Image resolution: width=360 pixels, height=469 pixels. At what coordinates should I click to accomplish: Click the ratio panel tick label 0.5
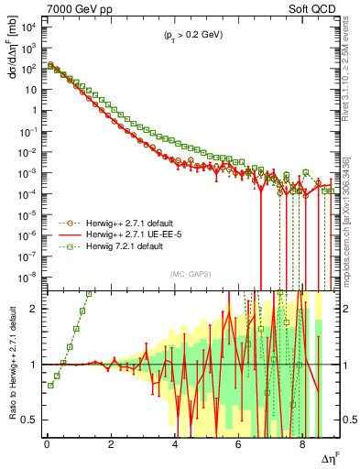(x=32, y=420)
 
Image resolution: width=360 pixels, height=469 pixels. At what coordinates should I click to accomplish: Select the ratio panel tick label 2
(x=38, y=309)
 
